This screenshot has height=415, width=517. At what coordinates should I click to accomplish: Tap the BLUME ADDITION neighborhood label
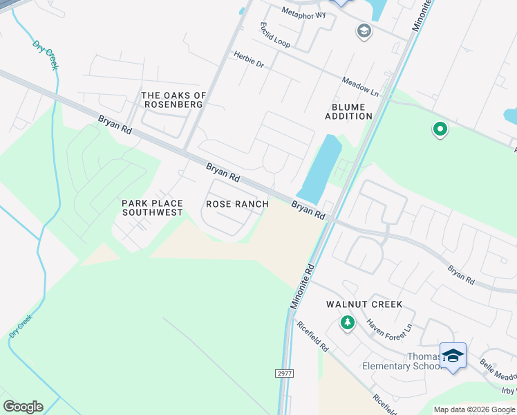click(x=348, y=111)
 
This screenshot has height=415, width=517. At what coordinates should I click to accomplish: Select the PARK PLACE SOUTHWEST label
click(x=153, y=207)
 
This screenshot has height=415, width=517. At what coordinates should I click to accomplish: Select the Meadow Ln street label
click(x=360, y=86)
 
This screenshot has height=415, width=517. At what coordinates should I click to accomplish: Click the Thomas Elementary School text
click(x=404, y=361)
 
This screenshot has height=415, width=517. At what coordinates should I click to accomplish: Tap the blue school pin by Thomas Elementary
click(x=453, y=356)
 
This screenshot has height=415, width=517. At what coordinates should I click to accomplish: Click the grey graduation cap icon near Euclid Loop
click(x=364, y=30)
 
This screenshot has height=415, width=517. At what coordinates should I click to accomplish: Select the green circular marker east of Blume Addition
click(x=439, y=129)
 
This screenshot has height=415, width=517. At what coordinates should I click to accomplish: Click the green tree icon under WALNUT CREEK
click(x=347, y=322)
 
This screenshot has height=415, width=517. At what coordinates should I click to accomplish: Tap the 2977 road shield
click(x=283, y=373)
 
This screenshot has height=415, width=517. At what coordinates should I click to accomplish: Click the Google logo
click(x=23, y=407)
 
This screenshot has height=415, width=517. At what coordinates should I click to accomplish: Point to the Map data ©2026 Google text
click(x=473, y=409)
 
